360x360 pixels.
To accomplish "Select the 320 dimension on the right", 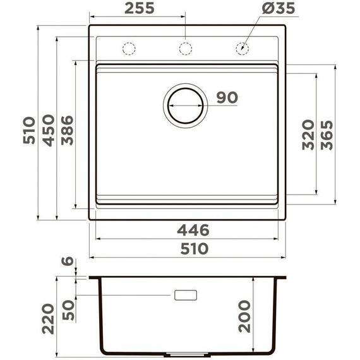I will click(x=308, y=134).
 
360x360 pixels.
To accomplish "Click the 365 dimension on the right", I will click(x=327, y=134).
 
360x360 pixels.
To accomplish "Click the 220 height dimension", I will click(x=48, y=320).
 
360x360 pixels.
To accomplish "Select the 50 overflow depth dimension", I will click(x=68, y=309).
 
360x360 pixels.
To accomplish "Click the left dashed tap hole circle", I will click(x=129, y=49).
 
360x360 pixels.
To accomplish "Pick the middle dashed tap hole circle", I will click(x=186, y=49).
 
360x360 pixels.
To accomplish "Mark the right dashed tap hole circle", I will click(x=242, y=49).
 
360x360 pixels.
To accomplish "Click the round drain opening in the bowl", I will click(x=185, y=104).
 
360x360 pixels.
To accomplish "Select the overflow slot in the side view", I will click(x=186, y=295).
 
